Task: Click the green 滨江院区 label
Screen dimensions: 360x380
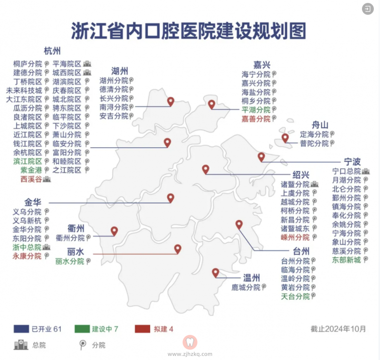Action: [x=28, y=161]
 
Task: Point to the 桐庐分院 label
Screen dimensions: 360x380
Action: [x=28, y=64]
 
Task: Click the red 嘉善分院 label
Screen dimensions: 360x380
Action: [x=256, y=119]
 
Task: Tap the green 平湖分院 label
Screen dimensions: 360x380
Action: [x=256, y=110]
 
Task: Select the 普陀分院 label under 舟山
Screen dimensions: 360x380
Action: [x=313, y=143]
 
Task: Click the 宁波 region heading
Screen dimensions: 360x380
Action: [x=352, y=161]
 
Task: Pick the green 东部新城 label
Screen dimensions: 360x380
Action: [x=346, y=260]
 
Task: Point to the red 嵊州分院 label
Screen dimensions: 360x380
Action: [x=294, y=237]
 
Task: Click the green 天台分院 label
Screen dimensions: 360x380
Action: [x=295, y=296]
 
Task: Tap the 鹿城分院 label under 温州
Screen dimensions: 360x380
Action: [x=246, y=287]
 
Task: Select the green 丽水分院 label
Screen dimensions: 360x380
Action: [x=69, y=261]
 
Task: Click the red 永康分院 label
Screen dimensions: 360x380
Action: [x=27, y=256]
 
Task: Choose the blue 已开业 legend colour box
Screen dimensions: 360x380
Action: [x=21, y=329]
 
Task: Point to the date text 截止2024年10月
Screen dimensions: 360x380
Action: [x=338, y=329]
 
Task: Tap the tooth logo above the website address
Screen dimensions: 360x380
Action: [x=190, y=342]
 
